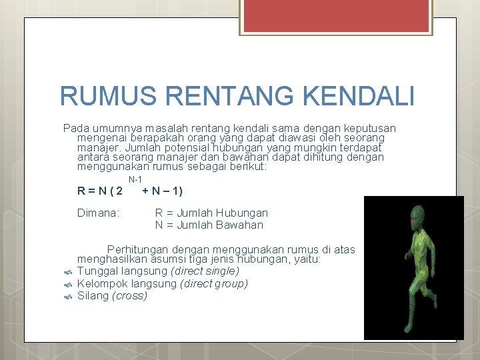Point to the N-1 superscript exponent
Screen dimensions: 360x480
click(135, 180)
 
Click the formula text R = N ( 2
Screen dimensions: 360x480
click(100, 191)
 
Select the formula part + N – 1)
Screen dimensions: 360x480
click(162, 191)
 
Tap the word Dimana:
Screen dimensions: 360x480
click(98, 213)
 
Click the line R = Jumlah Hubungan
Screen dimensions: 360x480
click(211, 213)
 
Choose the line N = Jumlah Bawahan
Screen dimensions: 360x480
click(209, 225)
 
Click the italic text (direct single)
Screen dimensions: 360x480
click(205, 271)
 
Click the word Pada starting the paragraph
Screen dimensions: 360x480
click(75, 128)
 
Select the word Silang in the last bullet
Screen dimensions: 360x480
click(93, 295)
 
